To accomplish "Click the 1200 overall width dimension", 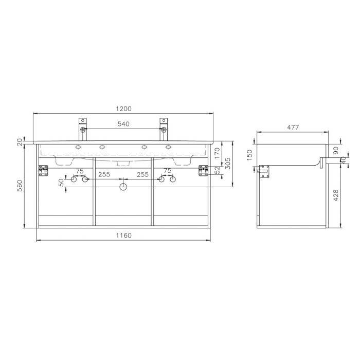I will tap(123, 109).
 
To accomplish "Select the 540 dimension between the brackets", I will tap(123, 124).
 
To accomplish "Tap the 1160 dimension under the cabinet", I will tap(123, 236).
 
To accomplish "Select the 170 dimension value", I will tap(217, 153).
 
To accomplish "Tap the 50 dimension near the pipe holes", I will tap(61, 182).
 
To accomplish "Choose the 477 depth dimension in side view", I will tap(293, 127).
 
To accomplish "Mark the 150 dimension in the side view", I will tap(250, 155).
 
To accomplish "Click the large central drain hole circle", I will tap(123, 187).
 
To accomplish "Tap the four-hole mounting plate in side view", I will tap(265, 172).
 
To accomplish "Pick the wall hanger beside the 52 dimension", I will tap(203, 170).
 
